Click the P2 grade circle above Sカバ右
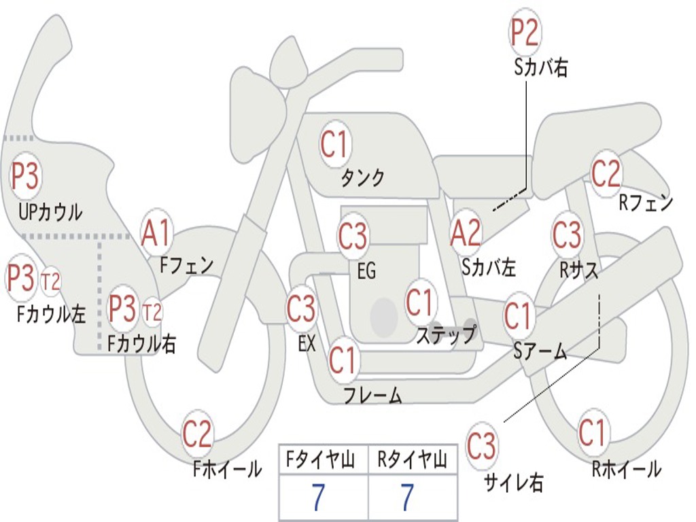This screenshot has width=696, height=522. tap(525, 33)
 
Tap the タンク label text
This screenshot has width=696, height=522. tap(362, 178)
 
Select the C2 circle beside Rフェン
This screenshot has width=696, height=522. tap(606, 174)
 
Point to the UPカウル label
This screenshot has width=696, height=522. tap(50, 212)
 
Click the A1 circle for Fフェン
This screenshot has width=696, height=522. tap(157, 233)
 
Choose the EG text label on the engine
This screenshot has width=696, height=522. tap(366, 271)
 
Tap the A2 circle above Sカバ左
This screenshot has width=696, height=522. tap(466, 233)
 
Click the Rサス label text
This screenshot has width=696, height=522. tap(578, 270)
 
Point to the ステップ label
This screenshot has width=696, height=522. tap(447, 335)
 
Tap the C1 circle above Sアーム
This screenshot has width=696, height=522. tap(519, 316)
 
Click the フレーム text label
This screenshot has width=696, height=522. tap(373, 396)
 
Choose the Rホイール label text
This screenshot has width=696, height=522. tap(626, 468)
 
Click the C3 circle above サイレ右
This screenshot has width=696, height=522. tap(481, 447)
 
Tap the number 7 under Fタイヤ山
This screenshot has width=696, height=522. tap(318, 499)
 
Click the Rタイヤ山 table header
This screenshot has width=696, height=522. tap(412, 461)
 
